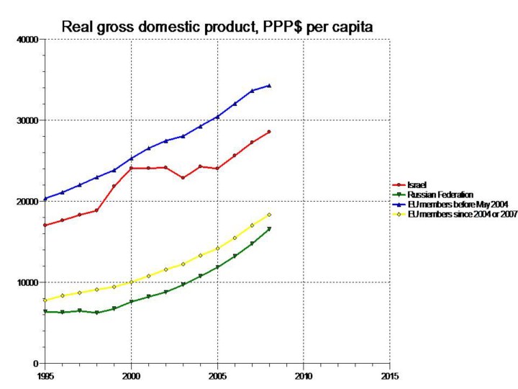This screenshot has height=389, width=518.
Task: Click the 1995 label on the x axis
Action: tap(45, 375)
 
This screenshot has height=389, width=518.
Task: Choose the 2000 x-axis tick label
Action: tap(131, 375)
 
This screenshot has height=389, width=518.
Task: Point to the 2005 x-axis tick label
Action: tap(217, 375)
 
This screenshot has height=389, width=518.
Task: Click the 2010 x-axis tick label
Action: tap(304, 375)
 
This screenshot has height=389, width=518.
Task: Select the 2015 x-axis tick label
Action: tap(389, 375)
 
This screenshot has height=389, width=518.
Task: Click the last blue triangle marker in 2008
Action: tap(269, 86)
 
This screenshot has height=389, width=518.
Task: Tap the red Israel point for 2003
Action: tap(183, 177)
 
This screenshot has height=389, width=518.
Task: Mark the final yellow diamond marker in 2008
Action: tap(269, 215)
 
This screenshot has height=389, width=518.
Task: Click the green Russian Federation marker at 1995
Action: tap(45, 311)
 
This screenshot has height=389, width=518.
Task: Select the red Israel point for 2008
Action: tap(269, 132)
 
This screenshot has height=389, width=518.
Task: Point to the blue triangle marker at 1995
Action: tap(45, 198)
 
